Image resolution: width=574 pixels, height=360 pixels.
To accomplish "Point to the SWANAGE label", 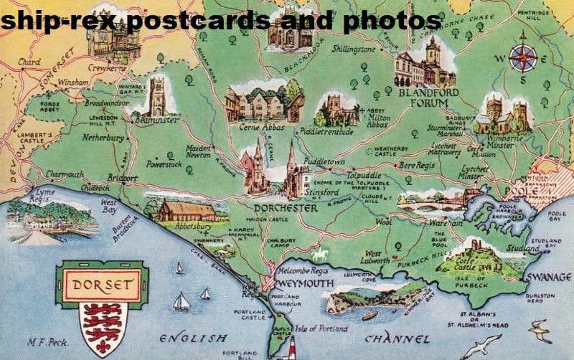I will pos(548,277).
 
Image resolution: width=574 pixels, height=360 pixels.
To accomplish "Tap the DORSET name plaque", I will pos(103,284).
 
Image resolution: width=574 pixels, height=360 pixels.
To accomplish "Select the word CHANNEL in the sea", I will pos(397,338).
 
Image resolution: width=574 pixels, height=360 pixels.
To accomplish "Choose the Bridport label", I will pos(122,177).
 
